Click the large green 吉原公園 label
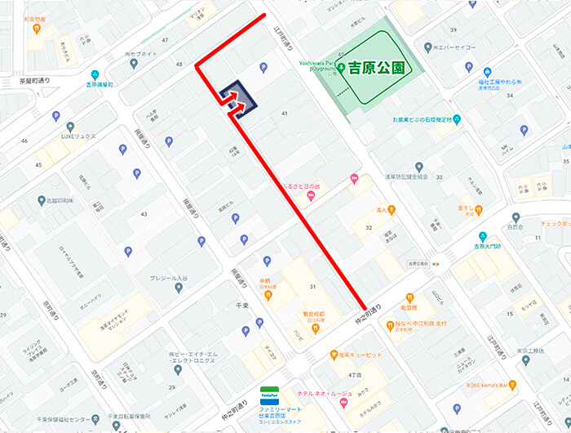pos(376,68)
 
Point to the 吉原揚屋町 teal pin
pos(96,73)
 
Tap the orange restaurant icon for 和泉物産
pos(37,29)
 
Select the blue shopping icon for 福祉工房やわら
pos(487,72)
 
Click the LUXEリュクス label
pos(77,136)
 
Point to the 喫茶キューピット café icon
pos(334,355)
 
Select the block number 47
pos(165,39)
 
